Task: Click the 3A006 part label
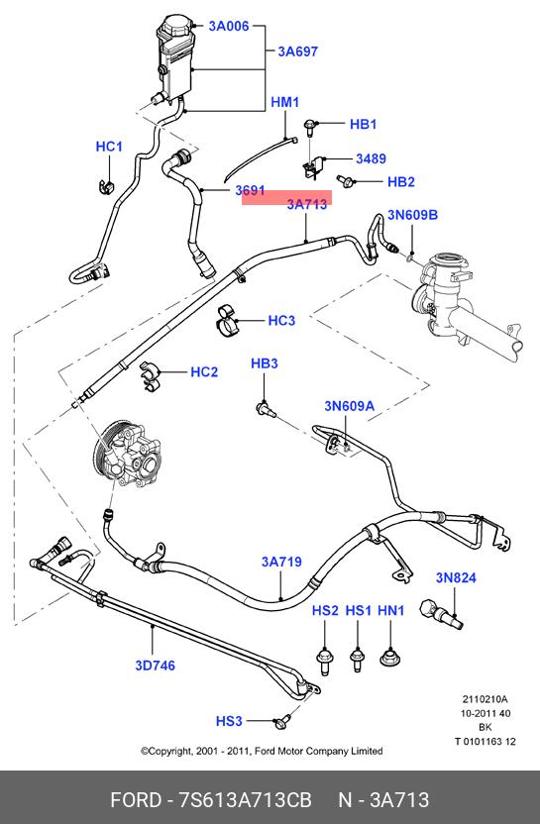pyautogui.click(x=229, y=26)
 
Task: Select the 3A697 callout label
pyautogui.click(x=298, y=51)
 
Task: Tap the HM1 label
pyautogui.click(x=285, y=102)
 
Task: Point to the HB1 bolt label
pyautogui.click(x=364, y=124)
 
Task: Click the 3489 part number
pyautogui.click(x=372, y=158)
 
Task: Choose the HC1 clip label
pyautogui.click(x=109, y=147)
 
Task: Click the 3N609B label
pyautogui.click(x=413, y=215)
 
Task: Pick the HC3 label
pyautogui.click(x=281, y=321)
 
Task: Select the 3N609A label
pyautogui.click(x=349, y=406)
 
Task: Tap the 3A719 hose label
pyautogui.click(x=281, y=562)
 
